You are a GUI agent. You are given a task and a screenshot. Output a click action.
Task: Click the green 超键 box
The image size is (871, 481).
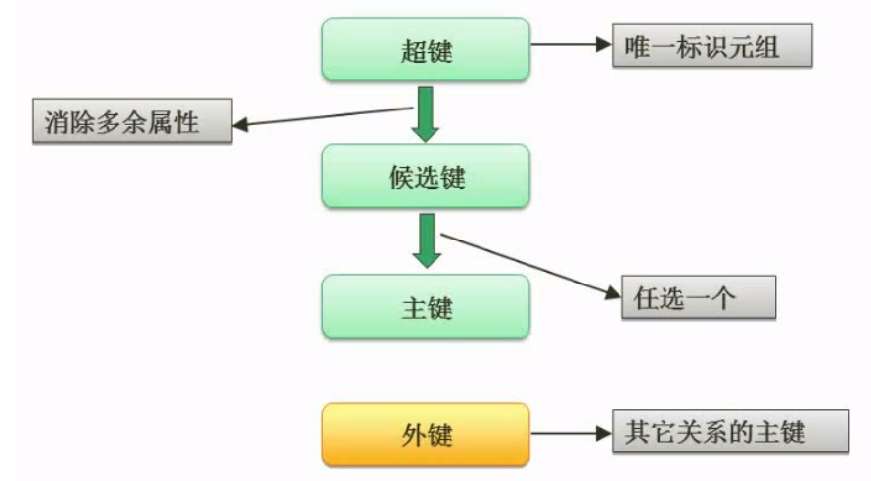[426, 51]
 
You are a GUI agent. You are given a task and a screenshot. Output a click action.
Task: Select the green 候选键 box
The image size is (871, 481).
[426, 178]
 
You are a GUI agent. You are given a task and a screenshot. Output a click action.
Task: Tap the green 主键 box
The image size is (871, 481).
[426, 306]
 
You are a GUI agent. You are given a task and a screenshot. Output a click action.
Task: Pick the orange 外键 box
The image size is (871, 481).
[426, 434]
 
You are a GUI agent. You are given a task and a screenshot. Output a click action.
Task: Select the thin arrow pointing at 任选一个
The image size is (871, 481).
[528, 264]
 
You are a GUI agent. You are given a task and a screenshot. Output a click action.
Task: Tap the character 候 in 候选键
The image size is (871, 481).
[401, 179]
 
